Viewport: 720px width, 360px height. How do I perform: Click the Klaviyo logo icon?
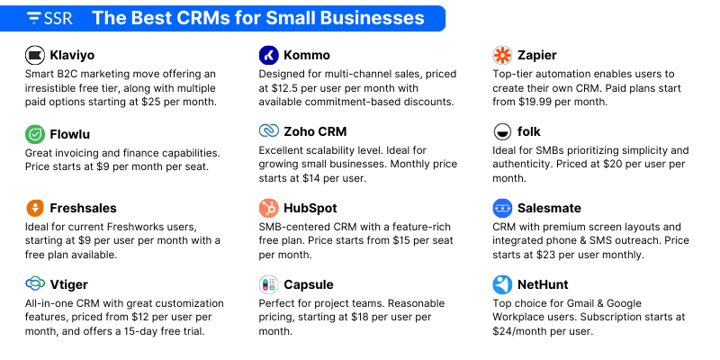pyautogui.click(x=35, y=55)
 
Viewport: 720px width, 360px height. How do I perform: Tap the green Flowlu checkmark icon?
pyautogui.click(x=35, y=132)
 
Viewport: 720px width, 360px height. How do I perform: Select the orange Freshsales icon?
pyautogui.click(x=35, y=208)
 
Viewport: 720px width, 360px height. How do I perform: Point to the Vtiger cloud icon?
pyautogui.click(x=35, y=284)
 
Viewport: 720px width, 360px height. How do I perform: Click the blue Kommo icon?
pyautogui.click(x=268, y=55)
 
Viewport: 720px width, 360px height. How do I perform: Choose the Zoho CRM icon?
pyautogui.click(x=268, y=131)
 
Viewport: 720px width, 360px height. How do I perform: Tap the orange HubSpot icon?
pyautogui.click(x=268, y=208)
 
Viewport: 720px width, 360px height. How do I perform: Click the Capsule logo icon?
pyautogui.click(x=268, y=284)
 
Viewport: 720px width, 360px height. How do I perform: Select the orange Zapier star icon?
pyautogui.click(x=502, y=55)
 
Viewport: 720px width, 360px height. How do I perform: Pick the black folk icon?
pyautogui.click(x=502, y=132)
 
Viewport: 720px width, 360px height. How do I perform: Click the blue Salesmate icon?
pyautogui.click(x=502, y=208)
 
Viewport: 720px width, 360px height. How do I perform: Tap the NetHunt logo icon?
pyautogui.click(x=502, y=284)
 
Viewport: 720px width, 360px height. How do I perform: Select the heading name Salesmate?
pyautogui.click(x=549, y=208)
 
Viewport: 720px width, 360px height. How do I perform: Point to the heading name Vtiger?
pyautogui.click(x=71, y=284)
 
